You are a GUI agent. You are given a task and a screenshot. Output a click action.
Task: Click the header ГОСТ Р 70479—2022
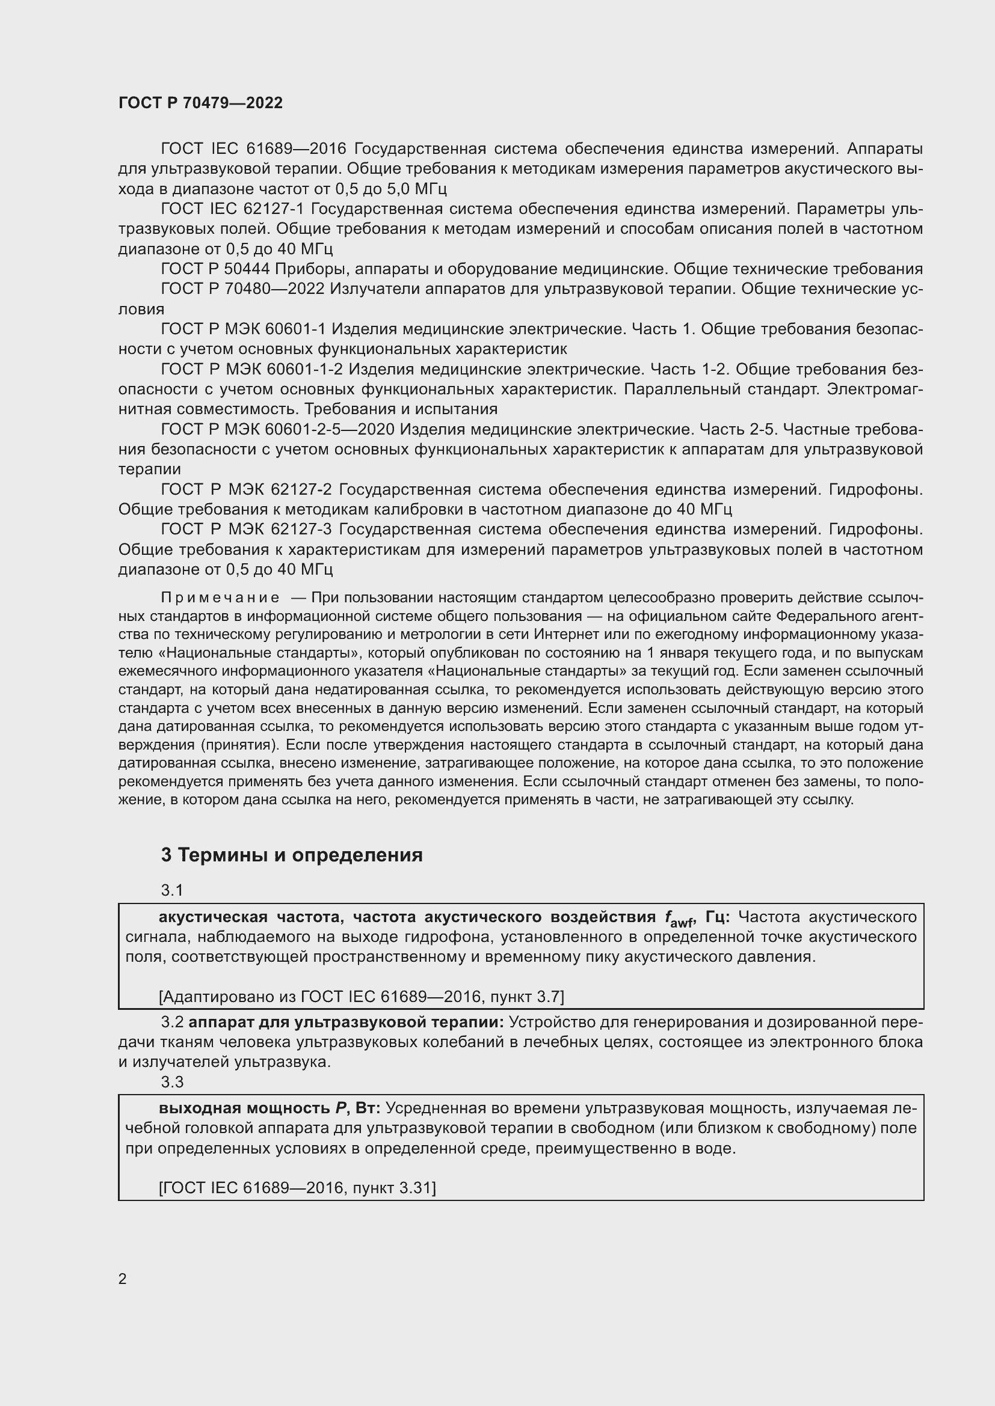coord(200,103)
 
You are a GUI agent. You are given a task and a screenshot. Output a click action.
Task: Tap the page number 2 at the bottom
coord(123,1279)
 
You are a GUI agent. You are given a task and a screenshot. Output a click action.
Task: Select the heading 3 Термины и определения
coord(292,855)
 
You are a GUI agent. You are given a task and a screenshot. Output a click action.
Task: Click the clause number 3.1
coord(172,890)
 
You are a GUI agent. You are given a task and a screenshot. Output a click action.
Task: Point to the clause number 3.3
coord(172,1082)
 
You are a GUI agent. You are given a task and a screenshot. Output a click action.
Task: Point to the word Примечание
coord(220,598)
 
